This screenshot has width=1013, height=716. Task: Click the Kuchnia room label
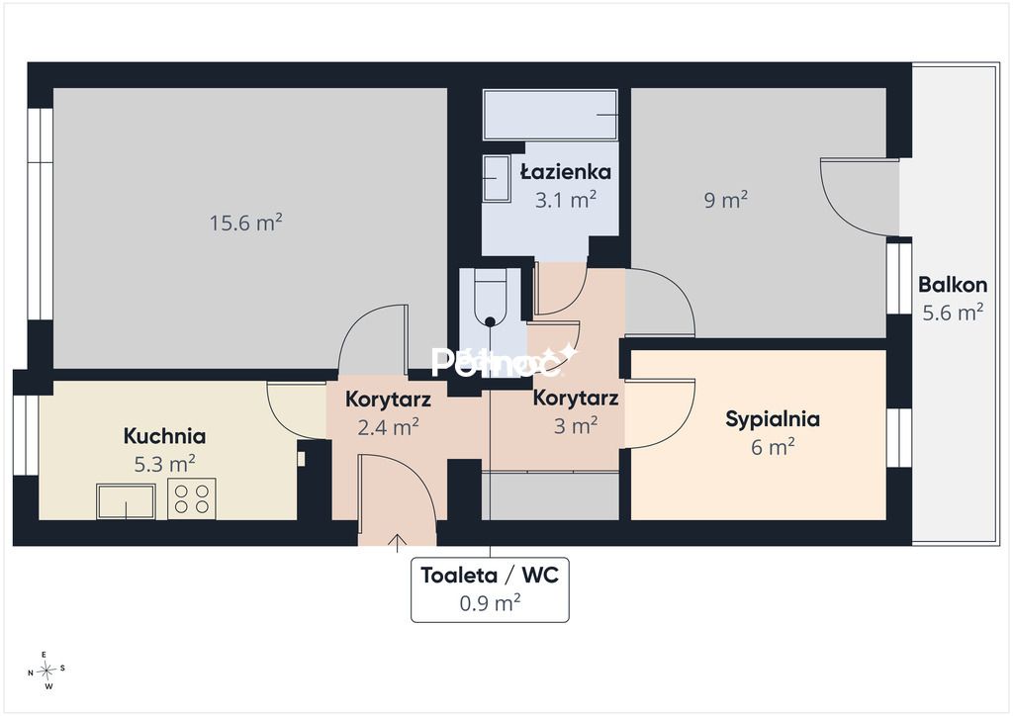tap(165, 436)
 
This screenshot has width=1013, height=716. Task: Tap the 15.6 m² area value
tap(246, 223)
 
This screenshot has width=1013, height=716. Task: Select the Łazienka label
tap(566, 172)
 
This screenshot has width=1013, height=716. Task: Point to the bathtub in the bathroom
tap(550, 115)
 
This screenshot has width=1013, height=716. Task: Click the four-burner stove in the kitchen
tap(192, 498)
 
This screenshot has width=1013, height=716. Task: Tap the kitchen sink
tap(126, 501)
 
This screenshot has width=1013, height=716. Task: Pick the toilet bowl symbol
tap(491, 299)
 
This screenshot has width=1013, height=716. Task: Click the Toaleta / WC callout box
tap(491, 589)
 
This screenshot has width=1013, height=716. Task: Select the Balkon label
tap(953, 284)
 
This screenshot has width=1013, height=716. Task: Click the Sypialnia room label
tap(773, 418)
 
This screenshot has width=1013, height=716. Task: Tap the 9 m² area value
tap(726, 200)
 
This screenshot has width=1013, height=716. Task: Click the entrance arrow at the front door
tap(397, 544)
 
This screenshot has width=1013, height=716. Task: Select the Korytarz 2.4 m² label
tap(388, 412)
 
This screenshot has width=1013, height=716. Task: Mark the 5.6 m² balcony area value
tap(953, 313)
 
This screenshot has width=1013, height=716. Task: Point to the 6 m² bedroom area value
tap(773, 447)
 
